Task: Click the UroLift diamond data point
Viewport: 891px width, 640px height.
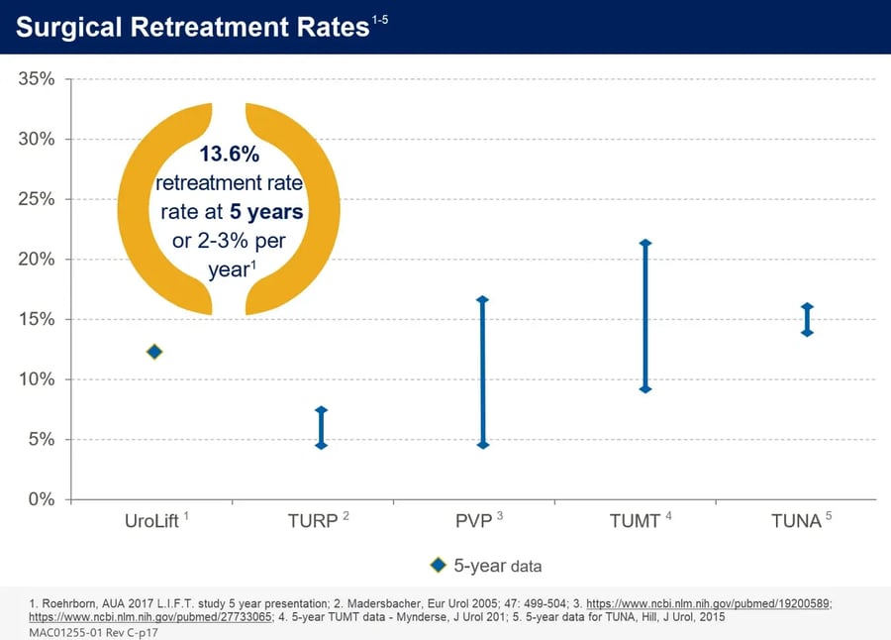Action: coord(154,352)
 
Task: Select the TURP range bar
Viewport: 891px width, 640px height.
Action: coord(321,427)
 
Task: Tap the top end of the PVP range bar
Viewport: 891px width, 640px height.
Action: coord(483,299)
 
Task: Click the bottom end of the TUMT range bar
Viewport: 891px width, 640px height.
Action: coord(645,389)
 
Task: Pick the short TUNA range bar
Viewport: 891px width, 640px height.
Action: coord(807,319)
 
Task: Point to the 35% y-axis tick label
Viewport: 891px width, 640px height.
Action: coord(36,78)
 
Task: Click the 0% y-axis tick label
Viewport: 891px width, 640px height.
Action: coord(41,499)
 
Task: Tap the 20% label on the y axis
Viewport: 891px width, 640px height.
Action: coord(36,260)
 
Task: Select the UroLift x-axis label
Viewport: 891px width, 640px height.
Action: coord(152,521)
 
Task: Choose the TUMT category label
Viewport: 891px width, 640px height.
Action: coord(635,521)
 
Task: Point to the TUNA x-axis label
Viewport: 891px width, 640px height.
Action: coord(797,521)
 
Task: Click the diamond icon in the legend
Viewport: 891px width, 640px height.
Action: coord(439,565)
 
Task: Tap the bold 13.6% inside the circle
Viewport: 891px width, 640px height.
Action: coord(229,156)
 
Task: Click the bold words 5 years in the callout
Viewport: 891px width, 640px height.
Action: coord(264,212)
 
